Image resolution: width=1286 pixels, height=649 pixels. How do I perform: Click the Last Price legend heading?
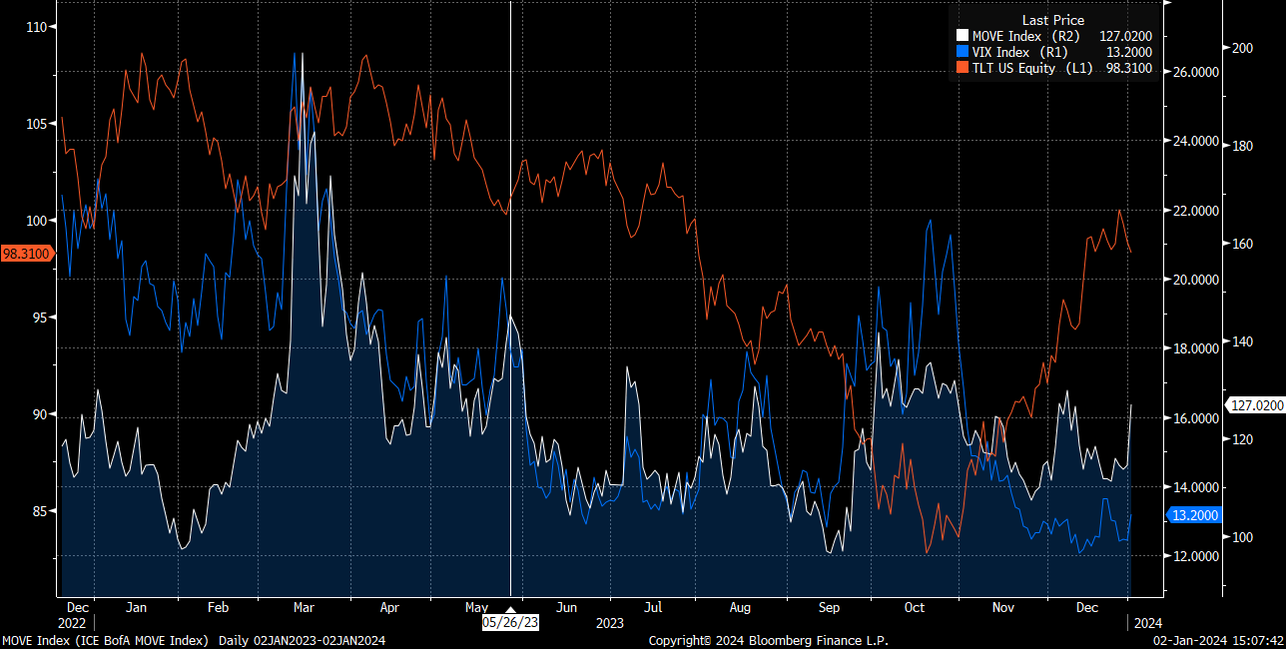1052,20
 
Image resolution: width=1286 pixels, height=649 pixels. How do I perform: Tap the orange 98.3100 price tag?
26,255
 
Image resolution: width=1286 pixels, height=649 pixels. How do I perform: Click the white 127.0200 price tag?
1255,405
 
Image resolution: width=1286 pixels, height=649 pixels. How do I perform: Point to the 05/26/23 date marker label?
510,621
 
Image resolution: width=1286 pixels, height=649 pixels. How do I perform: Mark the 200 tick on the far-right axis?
1242,48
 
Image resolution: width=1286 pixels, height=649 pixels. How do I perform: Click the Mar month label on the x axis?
305,607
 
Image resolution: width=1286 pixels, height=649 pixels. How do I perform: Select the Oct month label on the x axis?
914,607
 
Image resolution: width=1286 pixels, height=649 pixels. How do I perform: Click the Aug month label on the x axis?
740,607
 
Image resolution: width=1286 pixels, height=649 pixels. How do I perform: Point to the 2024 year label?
1148,623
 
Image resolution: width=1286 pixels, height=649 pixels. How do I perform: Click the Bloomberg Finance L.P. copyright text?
768,640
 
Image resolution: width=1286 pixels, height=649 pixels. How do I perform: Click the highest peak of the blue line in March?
295,53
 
